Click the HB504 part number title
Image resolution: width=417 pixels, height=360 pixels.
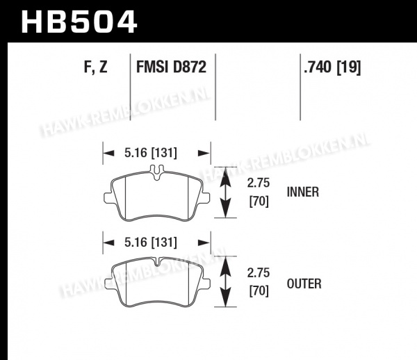(79, 22)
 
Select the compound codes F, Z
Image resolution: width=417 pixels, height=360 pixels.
(96, 67)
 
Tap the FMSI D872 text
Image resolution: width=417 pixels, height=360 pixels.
(171, 67)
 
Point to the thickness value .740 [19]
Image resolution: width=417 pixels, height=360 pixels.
(332, 67)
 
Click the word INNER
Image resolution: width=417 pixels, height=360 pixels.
(302, 192)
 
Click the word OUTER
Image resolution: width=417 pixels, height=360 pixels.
(304, 284)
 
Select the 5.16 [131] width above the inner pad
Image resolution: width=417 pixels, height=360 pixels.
(151, 153)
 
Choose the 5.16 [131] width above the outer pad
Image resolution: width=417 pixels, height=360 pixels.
(151, 243)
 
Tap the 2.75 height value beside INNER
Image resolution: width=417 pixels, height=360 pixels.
(259, 183)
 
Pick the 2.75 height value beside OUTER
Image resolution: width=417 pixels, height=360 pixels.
(259, 273)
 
